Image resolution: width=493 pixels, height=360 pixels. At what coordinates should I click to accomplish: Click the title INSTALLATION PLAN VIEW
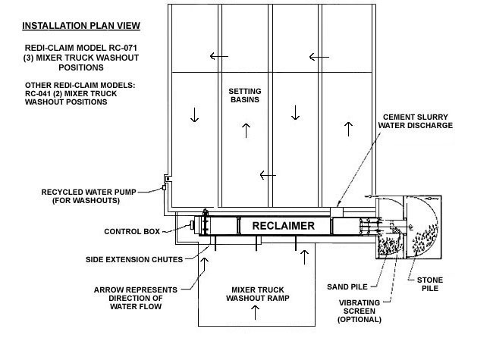(x=80, y=26)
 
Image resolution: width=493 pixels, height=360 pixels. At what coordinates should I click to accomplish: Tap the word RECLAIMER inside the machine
(x=284, y=225)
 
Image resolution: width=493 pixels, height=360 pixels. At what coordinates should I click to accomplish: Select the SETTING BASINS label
(x=245, y=95)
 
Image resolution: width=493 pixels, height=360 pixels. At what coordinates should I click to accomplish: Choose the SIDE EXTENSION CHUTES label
(x=134, y=259)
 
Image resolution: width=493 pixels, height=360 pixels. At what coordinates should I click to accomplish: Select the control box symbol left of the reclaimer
(x=193, y=225)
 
